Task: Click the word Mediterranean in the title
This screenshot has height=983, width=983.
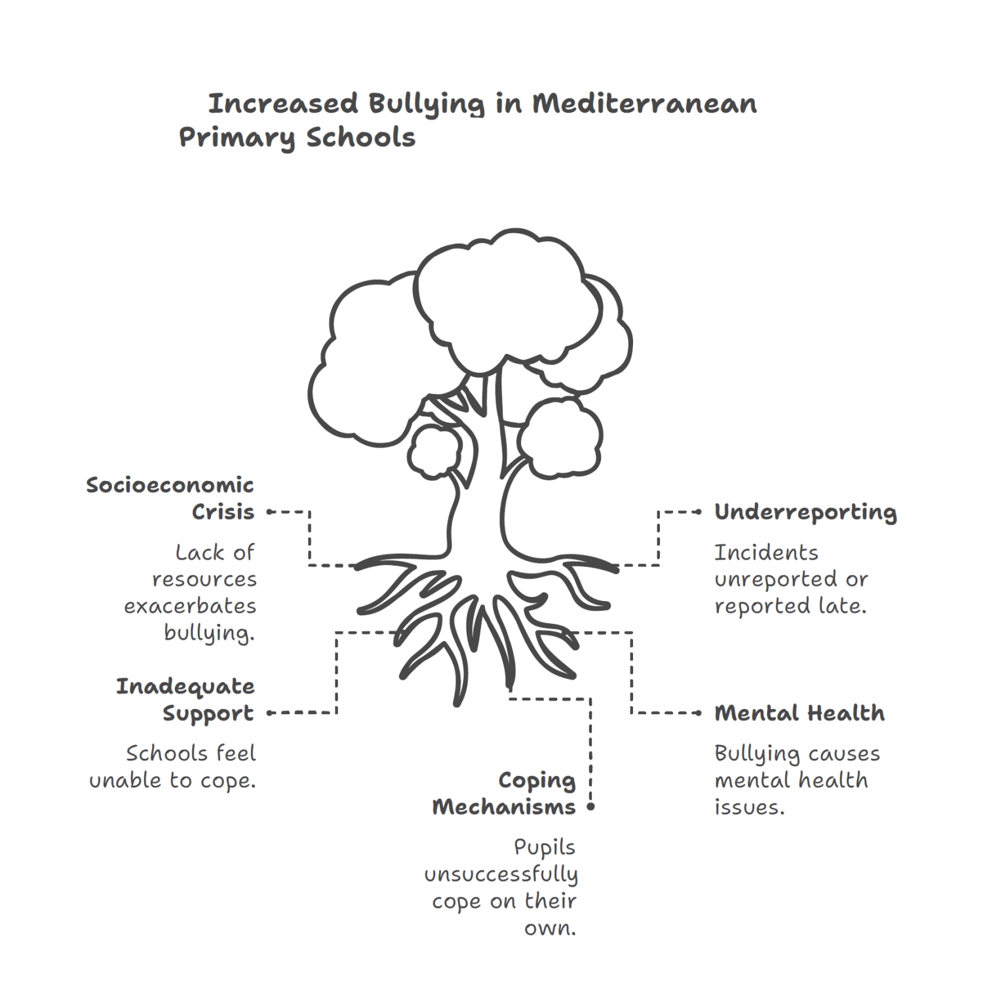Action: (x=644, y=104)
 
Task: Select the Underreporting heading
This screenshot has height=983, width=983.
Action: (x=805, y=512)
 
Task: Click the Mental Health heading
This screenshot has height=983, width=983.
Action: (x=800, y=713)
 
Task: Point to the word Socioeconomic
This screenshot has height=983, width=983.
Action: (x=170, y=486)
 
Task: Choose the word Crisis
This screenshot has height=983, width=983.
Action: (x=223, y=512)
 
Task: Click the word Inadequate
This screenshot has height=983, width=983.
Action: (x=185, y=687)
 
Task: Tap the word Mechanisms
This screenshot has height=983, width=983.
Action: (x=504, y=807)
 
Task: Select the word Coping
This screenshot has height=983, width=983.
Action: (x=537, y=781)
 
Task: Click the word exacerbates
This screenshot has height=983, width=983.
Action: (x=190, y=606)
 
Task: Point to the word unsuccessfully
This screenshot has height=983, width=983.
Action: (x=501, y=875)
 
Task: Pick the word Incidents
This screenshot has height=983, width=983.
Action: (x=766, y=553)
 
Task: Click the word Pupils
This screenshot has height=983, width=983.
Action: (x=545, y=847)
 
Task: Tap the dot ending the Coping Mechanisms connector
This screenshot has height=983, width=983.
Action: (x=590, y=807)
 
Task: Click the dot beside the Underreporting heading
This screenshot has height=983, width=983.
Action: (x=699, y=512)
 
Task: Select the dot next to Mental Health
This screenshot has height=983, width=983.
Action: (x=699, y=713)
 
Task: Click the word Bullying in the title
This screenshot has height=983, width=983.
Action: (x=426, y=104)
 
